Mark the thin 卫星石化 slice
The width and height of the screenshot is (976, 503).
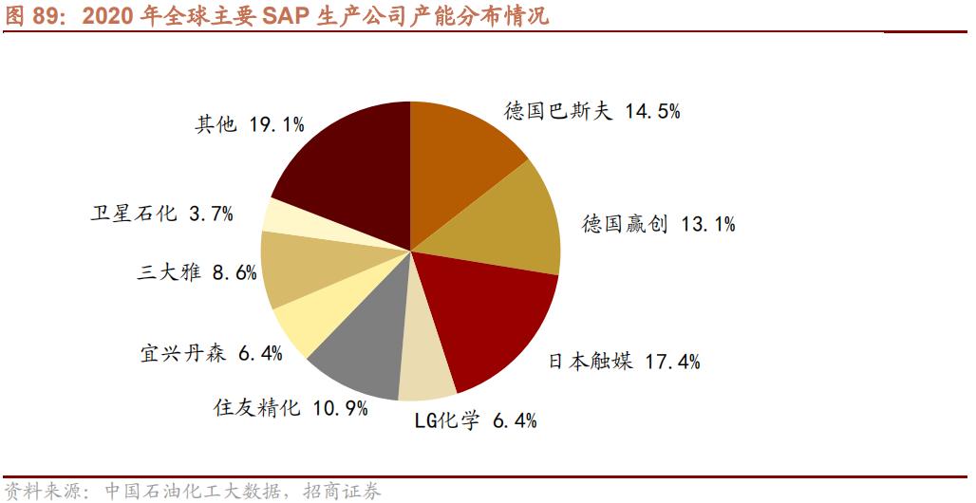click(285, 216)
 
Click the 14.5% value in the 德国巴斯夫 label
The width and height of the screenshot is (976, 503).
click(653, 111)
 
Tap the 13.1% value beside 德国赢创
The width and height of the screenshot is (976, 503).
click(707, 225)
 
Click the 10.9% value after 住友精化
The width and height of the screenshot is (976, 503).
click(339, 408)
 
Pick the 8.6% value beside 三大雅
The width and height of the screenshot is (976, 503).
click(235, 273)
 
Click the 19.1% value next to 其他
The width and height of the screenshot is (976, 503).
click(276, 124)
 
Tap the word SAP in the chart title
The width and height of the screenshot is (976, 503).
click(283, 16)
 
